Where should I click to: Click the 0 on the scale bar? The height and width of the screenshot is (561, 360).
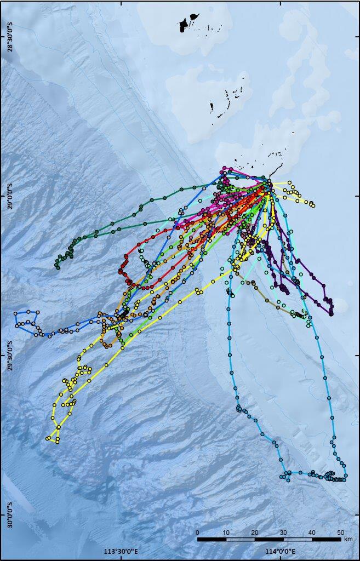coord(197,533)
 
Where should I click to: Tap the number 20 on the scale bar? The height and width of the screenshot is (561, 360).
coord(255,533)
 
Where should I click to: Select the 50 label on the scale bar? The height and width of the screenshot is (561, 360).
coord(341,533)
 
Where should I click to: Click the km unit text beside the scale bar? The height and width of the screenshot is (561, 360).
coord(349,540)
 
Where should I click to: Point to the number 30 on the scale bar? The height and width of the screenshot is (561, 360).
coord(283,533)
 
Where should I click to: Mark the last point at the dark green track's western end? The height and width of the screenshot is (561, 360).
coord(57,267)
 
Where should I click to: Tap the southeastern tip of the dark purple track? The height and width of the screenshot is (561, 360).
coord(332,313)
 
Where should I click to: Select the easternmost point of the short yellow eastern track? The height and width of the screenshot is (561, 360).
coord(313,205)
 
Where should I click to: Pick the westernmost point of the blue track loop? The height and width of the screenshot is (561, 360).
coord(16,325)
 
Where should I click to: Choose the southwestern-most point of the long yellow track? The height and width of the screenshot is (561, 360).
coord(48,438)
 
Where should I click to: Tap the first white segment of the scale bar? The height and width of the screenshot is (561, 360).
coord(240,540)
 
